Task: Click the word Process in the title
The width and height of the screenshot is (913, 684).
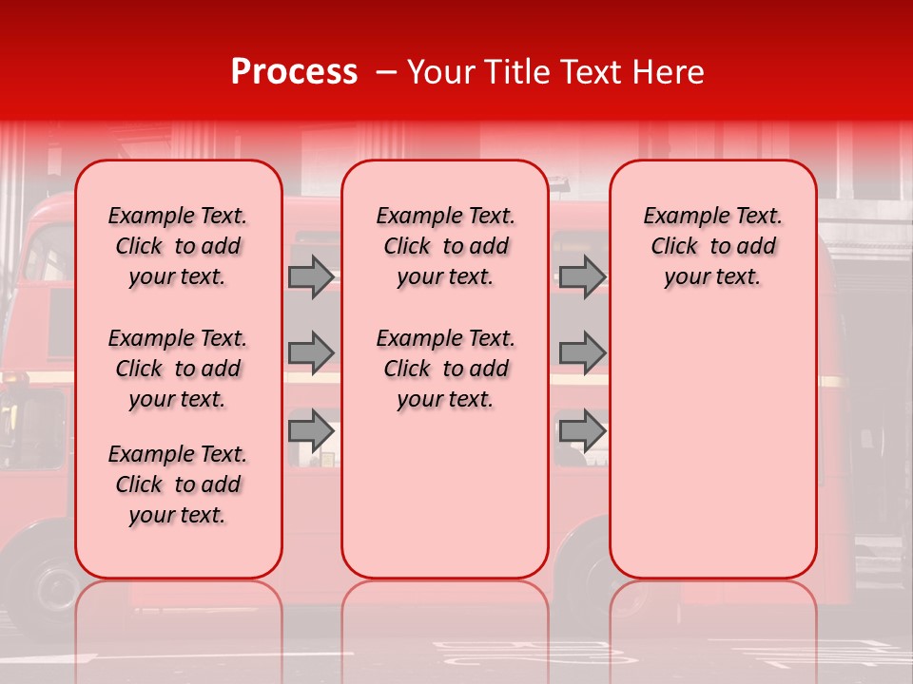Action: pyautogui.click(x=294, y=72)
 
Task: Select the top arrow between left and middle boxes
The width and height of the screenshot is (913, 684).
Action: pyautogui.click(x=311, y=276)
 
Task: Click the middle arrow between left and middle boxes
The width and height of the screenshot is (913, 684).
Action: pyautogui.click(x=311, y=352)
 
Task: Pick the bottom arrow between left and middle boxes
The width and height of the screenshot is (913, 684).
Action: pyautogui.click(x=311, y=430)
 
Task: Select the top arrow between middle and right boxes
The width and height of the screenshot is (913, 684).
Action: pyautogui.click(x=582, y=276)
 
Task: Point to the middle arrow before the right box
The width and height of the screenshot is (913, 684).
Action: pyautogui.click(x=582, y=352)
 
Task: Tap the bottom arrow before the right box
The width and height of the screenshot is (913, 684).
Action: pyautogui.click(x=582, y=430)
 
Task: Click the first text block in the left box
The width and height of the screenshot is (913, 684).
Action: pyautogui.click(x=178, y=246)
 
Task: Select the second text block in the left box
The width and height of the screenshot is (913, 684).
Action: pyautogui.click(x=178, y=369)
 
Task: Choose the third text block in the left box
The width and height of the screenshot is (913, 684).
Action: pyautogui.click(x=178, y=484)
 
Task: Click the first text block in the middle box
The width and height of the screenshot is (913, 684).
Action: pyautogui.click(x=445, y=246)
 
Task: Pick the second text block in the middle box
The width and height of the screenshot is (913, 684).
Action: pyautogui.click(x=445, y=369)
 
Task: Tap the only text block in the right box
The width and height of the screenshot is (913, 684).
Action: pyautogui.click(x=713, y=246)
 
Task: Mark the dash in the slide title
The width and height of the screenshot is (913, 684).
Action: pyautogui.click(x=384, y=72)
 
